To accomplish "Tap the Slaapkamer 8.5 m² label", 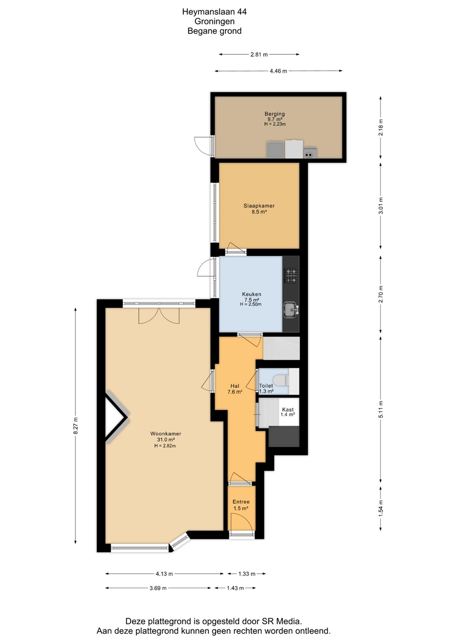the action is (x=259, y=209).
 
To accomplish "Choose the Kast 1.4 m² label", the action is (x=288, y=412).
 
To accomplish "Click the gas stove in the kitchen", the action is (x=291, y=275).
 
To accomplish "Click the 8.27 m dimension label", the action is (x=75, y=426).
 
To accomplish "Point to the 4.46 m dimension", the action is (x=278, y=71).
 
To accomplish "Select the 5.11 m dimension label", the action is (x=380, y=409).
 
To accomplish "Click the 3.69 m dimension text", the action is (x=158, y=588).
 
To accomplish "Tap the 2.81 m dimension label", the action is (x=259, y=55).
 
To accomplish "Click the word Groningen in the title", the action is (x=215, y=21).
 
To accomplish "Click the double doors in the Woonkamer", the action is (x=159, y=316).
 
